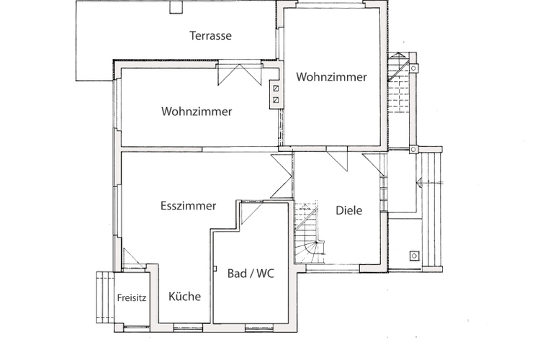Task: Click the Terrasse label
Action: coord(210,35)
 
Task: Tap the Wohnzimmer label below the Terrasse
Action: coord(197,112)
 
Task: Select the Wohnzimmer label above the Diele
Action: coord(332,76)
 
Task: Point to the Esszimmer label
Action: coord(189,206)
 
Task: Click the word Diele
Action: coord(349,210)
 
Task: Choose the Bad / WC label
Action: coord(251,273)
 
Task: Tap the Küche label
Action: coord(184,296)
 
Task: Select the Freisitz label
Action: coord(132,297)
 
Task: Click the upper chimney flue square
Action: coord(276,89)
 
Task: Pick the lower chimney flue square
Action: coord(276,100)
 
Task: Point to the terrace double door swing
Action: coord(239,74)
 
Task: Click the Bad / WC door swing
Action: coord(252,213)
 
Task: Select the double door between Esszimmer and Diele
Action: coord(282,176)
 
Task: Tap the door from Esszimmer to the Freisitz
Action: coord(134,258)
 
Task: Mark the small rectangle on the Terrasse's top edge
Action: coord(176,7)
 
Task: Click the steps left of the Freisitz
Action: coord(104,297)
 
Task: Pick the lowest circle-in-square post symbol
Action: coord(414,256)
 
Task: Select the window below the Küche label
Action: coord(188,327)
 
